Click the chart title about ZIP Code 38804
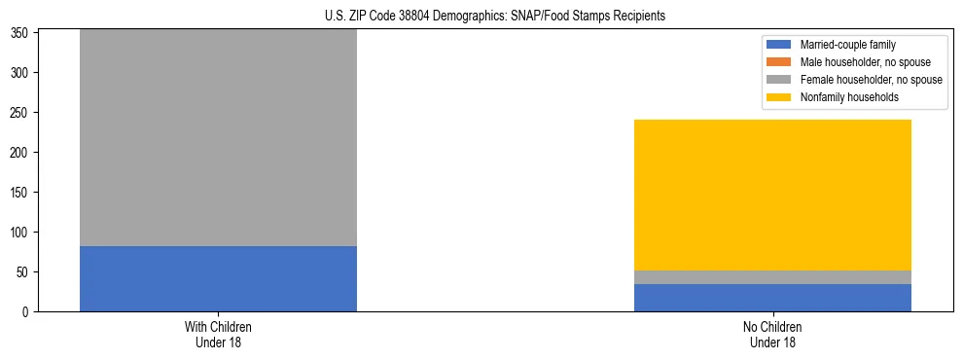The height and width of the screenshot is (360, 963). click(x=481, y=17)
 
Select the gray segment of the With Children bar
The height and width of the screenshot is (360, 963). click(x=218, y=137)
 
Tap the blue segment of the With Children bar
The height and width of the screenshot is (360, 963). click(x=218, y=278)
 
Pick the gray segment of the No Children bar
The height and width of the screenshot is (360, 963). click(x=772, y=277)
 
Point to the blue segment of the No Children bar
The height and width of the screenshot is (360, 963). click(x=772, y=298)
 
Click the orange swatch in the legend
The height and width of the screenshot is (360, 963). click(x=780, y=62)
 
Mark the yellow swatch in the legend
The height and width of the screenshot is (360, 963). click(x=780, y=97)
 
